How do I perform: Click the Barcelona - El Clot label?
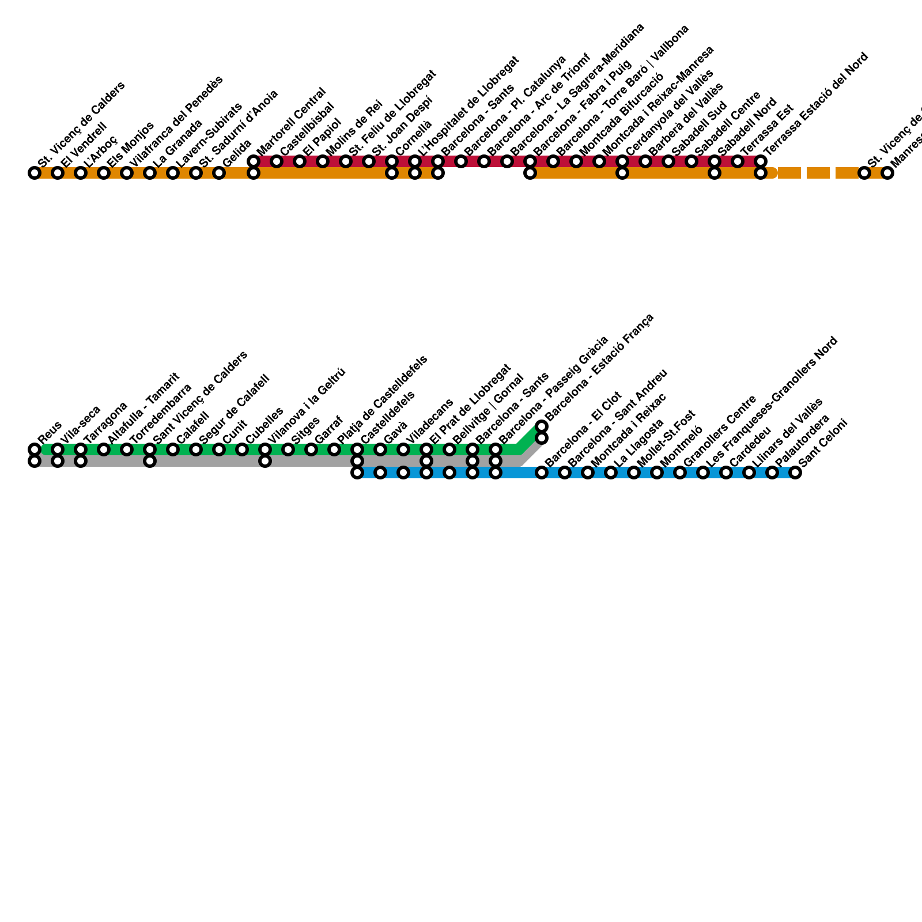(583, 428)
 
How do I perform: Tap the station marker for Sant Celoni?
(795, 473)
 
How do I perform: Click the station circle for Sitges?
(288, 449)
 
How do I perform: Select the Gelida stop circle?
(219, 173)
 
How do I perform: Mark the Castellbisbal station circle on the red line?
(277, 161)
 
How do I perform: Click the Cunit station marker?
(219, 449)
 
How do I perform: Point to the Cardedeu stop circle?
(726, 473)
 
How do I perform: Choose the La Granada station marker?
(150, 173)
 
